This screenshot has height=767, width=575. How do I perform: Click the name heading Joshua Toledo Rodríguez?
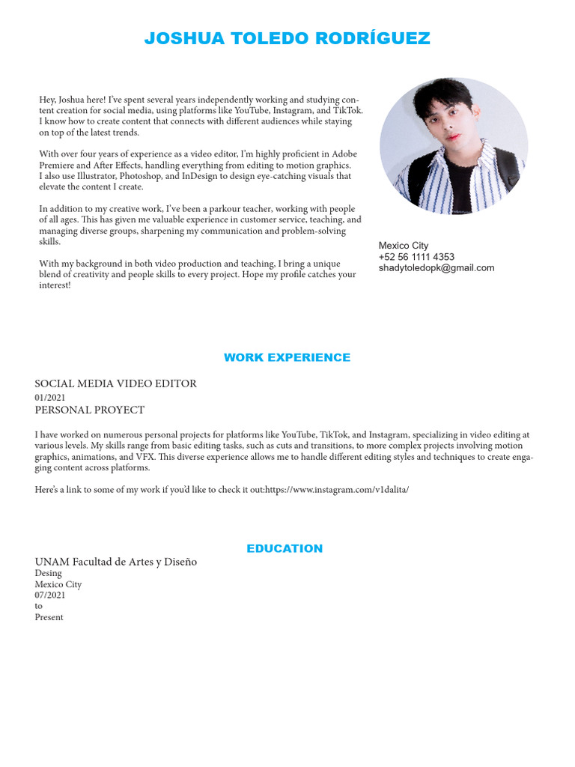(287, 39)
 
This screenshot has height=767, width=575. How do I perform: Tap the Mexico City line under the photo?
(404, 246)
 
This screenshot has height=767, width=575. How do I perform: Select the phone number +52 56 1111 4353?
(416, 257)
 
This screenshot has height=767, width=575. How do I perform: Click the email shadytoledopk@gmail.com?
(436, 268)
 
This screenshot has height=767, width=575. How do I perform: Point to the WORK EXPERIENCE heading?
(287, 358)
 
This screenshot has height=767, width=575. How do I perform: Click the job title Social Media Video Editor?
(116, 383)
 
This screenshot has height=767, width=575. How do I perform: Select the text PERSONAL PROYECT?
(90, 410)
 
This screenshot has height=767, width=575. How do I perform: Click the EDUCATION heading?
(285, 549)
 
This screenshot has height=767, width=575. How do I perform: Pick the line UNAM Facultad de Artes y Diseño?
(116, 562)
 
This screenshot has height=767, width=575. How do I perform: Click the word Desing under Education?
(49, 574)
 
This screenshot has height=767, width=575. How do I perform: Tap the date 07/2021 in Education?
(50, 595)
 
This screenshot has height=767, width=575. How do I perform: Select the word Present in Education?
(49, 618)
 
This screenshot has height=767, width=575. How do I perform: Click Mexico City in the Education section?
(58, 585)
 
